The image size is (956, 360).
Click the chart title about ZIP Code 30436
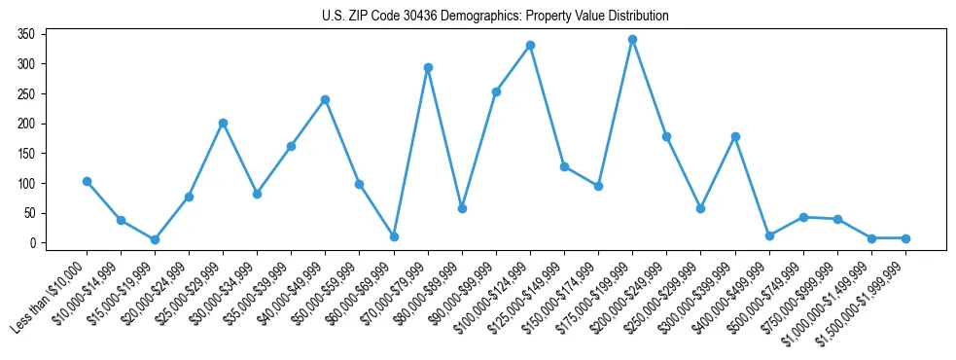click(495, 17)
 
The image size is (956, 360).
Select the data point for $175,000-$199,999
click(632, 40)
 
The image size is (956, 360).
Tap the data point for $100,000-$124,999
click(530, 46)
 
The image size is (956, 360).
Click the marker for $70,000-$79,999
click(428, 68)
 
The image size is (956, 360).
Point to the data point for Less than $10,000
click(87, 181)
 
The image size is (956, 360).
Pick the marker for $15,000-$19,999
click(155, 239)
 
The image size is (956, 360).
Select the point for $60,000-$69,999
click(394, 236)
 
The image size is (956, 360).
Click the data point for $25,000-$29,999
click(223, 124)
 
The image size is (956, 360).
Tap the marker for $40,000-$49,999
click(325, 99)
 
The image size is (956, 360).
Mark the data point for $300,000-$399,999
click(735, 136)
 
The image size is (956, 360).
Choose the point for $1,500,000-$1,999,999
click(905, 238)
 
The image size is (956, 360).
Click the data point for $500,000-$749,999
click(803, 217)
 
